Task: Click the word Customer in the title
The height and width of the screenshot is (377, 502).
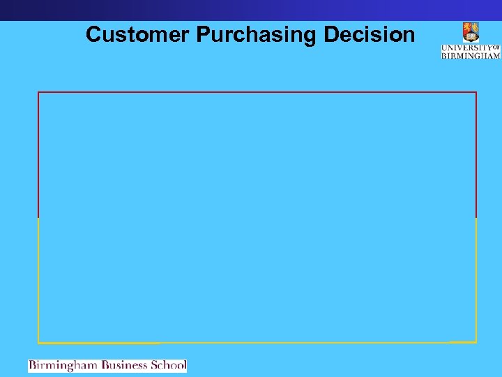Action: tap(138, 35)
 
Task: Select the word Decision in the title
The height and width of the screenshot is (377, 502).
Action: tap(373, 35)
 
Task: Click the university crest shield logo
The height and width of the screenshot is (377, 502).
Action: tap(471, 32)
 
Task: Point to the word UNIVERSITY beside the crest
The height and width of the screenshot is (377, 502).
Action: tap(466, 47)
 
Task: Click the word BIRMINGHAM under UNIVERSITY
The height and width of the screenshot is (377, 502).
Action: tap(471, 55)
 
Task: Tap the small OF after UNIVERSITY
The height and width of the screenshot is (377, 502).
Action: tap(496, 47)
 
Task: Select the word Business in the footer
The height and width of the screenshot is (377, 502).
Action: tap(126, 365)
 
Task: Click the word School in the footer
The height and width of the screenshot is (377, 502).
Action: tap(169, 365)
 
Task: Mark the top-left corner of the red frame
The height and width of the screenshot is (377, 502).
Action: tap(38, 92)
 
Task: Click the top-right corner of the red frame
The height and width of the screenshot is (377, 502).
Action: tap(476, 92)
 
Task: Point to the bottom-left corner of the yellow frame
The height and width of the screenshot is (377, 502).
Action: tap(38, 342)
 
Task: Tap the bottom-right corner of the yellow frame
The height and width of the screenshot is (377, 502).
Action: tap(476, 342)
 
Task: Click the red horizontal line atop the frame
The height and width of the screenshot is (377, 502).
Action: tap(257, 92)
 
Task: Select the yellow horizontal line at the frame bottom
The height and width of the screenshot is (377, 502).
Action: tap(257, 342)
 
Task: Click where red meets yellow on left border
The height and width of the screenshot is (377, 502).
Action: tap(38, 217)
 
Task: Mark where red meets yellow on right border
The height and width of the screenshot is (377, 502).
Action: tap(476, 217)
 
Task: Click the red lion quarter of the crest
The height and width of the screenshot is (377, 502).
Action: tap(468, 28)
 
